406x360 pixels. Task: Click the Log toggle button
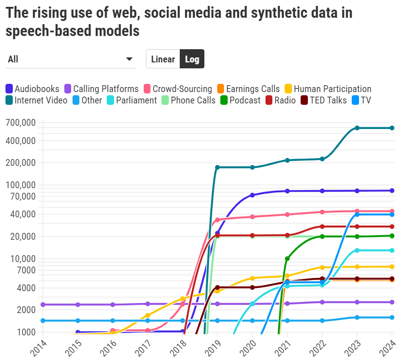point(192,59)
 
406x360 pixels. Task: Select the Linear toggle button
point(163,59)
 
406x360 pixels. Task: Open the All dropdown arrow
point(129,59)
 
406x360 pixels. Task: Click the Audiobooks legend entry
point(32,89)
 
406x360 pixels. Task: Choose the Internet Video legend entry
point(36,100)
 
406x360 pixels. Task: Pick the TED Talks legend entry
point(324,100)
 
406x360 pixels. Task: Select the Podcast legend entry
point(240,100)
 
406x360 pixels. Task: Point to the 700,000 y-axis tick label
point(20,123)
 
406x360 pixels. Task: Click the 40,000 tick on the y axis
point(22,214)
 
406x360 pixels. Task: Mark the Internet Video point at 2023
point(357,128)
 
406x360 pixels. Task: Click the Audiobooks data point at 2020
point(252,195)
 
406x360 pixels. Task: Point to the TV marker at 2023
point(357,215)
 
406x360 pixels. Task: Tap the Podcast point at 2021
point(287,259)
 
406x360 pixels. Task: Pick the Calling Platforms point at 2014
point(43,304)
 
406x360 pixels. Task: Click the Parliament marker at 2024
point(392,250)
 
